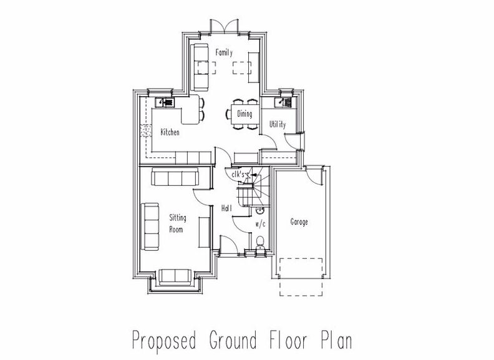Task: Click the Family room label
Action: pos(224,52)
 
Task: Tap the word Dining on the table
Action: pos(245,114)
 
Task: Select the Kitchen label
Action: pos(170,132)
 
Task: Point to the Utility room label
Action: pos(278,124)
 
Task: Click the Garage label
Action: pos(299,222)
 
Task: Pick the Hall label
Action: pos(226,208)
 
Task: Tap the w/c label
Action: pos(260,224)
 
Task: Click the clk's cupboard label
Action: pos(238,174)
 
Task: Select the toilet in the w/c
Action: pos(260,244)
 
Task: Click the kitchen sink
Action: pos(165,102)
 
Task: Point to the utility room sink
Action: pos(283,102)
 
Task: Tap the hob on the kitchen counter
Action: pos(146,130)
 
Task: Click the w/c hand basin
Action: pos(259,210)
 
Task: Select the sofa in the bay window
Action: pos(175,277)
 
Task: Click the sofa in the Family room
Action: pos(201,67)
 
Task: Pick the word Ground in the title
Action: pos(233,340)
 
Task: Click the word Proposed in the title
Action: pos(164,341)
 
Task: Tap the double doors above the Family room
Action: pos(224,26)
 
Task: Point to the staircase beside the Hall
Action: pos(254,187)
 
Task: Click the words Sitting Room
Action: pos(178,223)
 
